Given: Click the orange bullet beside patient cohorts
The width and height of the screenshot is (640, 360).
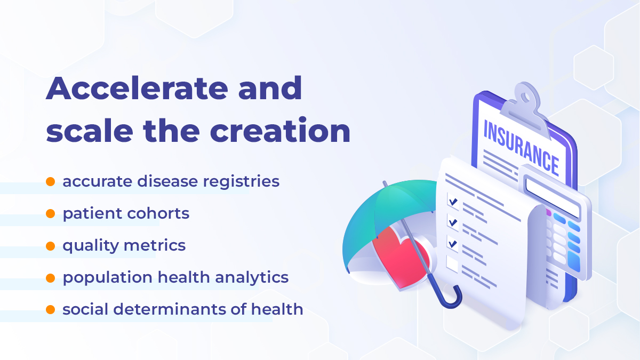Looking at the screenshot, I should (51, 214).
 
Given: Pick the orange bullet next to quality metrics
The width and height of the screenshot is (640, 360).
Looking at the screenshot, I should (51, 246).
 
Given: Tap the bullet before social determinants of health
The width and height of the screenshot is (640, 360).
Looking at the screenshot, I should (51, 309).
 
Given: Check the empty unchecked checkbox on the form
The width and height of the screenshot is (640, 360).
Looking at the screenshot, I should (452, 263).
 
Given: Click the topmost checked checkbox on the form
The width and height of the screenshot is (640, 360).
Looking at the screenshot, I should (453, 202).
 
